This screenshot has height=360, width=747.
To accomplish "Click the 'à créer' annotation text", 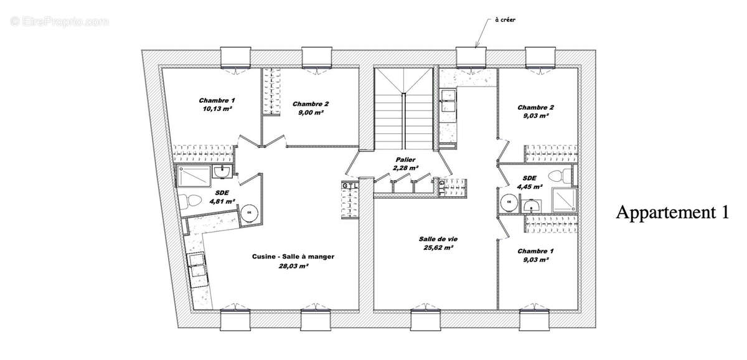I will click(505, 20).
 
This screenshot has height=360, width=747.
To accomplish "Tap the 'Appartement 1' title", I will click(672, 212).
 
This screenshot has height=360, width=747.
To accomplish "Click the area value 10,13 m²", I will click(217, 108).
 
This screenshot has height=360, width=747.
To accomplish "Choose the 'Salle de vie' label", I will click(435, 239).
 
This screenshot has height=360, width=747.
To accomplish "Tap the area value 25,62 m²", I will click(435, 247).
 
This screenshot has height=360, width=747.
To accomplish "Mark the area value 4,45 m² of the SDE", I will click(529, 186).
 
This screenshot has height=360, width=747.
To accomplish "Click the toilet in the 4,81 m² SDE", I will click(190, 201).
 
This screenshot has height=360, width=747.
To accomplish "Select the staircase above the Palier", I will click(403, 109).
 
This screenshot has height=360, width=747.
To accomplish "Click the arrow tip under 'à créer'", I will click(476, 46).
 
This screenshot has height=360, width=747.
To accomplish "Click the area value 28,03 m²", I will click(290, 265).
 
